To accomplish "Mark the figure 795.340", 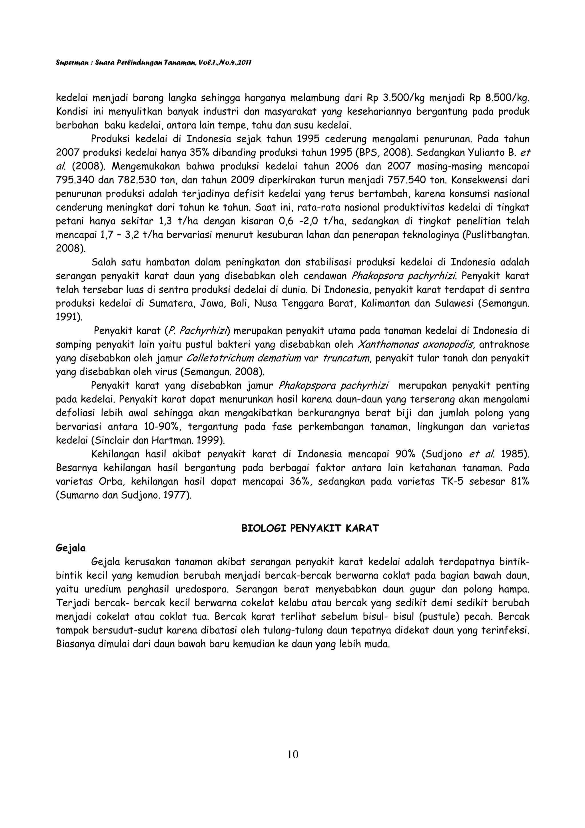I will (x=73, y=180).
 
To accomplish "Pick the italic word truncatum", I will (x=345, y=358).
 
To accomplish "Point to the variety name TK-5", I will (x=453, y=481).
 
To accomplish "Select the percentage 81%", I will (x=520, y=481).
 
